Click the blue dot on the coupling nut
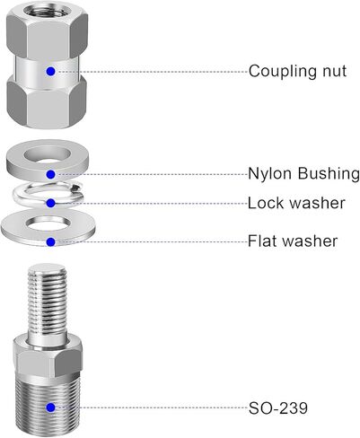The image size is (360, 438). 51,72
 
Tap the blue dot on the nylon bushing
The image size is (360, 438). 51,174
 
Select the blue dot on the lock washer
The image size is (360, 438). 51,203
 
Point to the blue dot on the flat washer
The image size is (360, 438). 51,241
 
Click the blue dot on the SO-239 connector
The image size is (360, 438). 51,407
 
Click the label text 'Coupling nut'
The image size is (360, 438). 297,72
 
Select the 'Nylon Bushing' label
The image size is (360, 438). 303,174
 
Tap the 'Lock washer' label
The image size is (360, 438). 296,203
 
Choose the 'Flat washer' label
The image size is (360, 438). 293,241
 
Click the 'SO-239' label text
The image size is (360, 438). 278,407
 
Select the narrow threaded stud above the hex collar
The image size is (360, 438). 47,302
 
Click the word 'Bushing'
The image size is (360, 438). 329,174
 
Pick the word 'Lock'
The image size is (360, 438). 266,203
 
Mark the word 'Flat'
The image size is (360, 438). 261,241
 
